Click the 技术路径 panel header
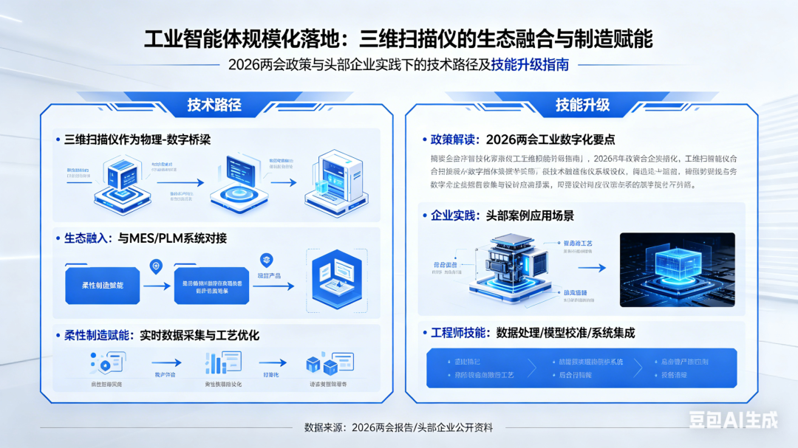click(214, 105)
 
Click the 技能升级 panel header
click(582, 105)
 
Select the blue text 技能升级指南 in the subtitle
click(530, 64)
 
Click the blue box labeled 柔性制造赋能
click(103, 286)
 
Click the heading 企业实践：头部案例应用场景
click(502, 216)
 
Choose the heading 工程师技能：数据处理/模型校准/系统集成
click(533, 333)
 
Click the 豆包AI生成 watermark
click(733, 420)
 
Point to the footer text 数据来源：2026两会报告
click(398, 427)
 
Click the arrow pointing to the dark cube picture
click(593, 268)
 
